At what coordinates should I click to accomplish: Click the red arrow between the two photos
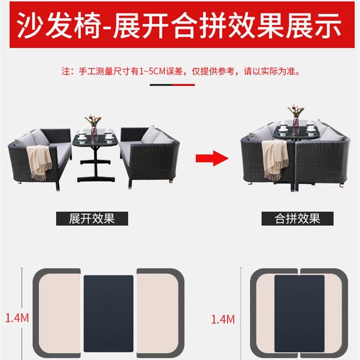click(x=211, y=158)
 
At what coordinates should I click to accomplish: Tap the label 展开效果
click(x=92, y=219)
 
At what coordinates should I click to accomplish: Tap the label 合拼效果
click(x=297, y=219)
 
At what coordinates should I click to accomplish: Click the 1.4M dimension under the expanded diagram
click(x=17, y=318)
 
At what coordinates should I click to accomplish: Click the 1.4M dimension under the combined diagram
click(x=223, y=319)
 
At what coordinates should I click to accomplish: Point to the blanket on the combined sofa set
click(x=275, y=157)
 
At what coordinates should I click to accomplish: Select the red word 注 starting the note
click(x=66, y=71)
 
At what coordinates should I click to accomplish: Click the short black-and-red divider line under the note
click(x=172, y=84)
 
